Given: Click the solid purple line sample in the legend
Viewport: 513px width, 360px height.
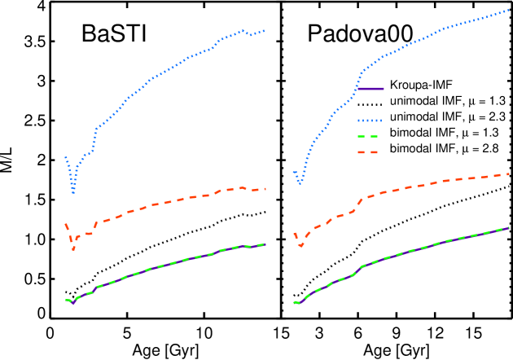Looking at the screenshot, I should (370, 89).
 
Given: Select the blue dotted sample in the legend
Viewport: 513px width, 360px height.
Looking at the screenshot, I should (370, 121).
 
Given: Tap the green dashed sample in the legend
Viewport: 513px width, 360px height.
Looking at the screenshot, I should (368, 137).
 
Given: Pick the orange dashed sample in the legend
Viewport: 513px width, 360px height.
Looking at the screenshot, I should (368, 152).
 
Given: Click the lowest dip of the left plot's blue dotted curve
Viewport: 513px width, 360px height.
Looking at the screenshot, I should (73, 193).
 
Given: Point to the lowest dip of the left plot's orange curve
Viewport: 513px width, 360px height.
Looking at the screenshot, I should (73, 248).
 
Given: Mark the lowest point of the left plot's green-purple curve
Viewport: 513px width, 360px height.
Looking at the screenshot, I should (73, 303).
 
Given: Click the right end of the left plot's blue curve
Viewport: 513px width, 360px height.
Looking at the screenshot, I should (265, 31).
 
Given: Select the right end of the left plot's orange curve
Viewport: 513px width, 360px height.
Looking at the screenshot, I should (265, 189).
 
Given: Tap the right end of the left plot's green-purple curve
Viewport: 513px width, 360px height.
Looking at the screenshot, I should (265, 244).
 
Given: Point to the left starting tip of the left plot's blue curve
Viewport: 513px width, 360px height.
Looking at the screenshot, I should (65, 156).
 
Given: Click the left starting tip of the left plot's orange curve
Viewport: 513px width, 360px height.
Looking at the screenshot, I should (65, 223).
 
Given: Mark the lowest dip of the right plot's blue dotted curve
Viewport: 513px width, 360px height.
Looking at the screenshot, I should (300, 184).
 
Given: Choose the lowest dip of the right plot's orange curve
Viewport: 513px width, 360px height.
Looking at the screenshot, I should (300, 245).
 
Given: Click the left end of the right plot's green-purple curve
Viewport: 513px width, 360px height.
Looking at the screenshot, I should (294, 302).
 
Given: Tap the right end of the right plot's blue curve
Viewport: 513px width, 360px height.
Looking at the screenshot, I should (509, 11).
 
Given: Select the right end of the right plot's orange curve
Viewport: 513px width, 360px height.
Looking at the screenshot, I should (509, 173).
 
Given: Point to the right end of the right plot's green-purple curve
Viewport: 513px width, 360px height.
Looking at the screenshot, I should (509, 228).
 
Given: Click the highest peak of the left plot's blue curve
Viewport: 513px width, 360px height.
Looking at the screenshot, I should (243, 31).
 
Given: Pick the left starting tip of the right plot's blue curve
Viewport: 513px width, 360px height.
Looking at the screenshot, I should (293, 171).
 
